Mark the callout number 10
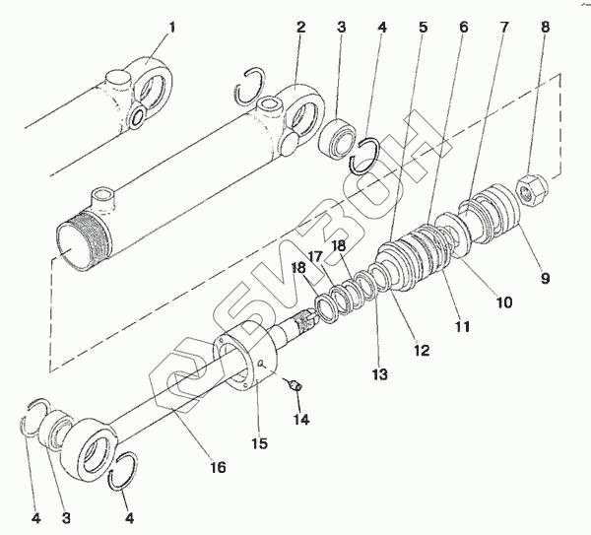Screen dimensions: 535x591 [x=503, y=303]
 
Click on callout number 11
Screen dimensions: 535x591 [x=463, y=325]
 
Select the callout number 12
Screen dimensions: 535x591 [x=422, y=349]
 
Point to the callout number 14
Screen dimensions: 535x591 [x=300, y=420]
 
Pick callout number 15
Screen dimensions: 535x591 [x=259, y=443]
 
